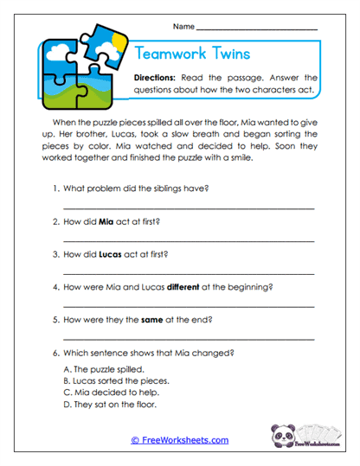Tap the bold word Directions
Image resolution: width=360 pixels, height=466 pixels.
(x=158, y=77)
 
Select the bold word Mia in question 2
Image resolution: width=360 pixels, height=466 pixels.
(x=107, y=221)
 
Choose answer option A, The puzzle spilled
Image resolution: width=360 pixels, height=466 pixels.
(x=100, y=368)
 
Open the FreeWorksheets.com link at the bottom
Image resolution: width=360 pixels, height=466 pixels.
(x=179, y=440)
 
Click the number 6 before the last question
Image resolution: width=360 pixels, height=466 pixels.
(x=55, y=352)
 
